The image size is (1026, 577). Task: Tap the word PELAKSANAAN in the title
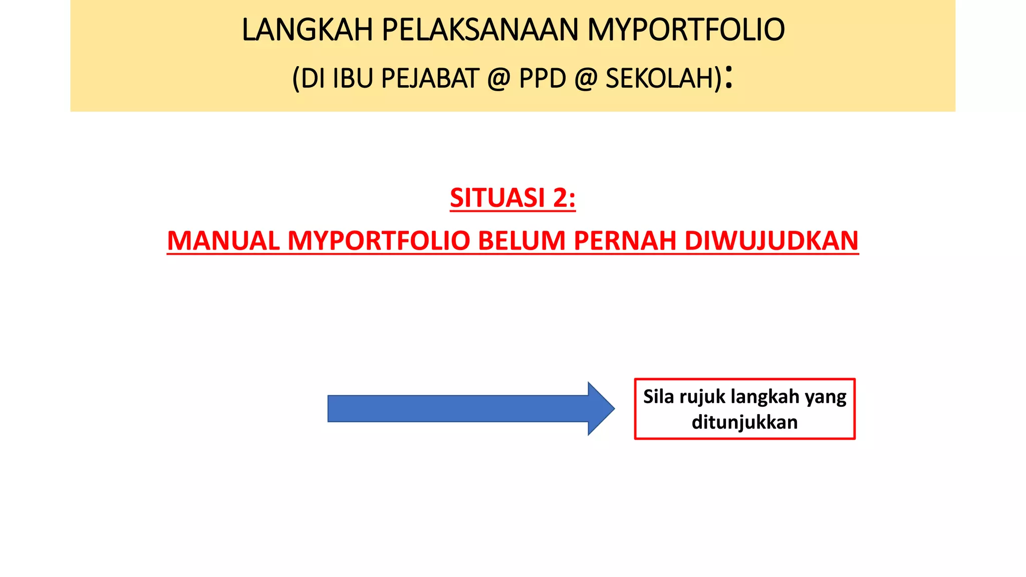(x=480, y=30)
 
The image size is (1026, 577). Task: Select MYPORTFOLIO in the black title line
(x=685, y=30)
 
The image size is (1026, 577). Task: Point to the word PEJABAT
(x=430, y=79)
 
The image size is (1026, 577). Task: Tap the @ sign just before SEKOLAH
(x=586, y=79)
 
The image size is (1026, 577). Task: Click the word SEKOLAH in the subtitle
(x=659, y=79)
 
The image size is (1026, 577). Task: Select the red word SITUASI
(x=497, y=198)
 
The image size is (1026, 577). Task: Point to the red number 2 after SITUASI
(x=560, y=198)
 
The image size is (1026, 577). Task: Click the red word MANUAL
(x=223, y=241)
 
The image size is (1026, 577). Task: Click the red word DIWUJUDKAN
(x=772, y=241)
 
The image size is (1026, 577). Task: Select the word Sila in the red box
(x=658, y=397)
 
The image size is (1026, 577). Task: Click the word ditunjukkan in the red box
(x=744, y=422)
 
